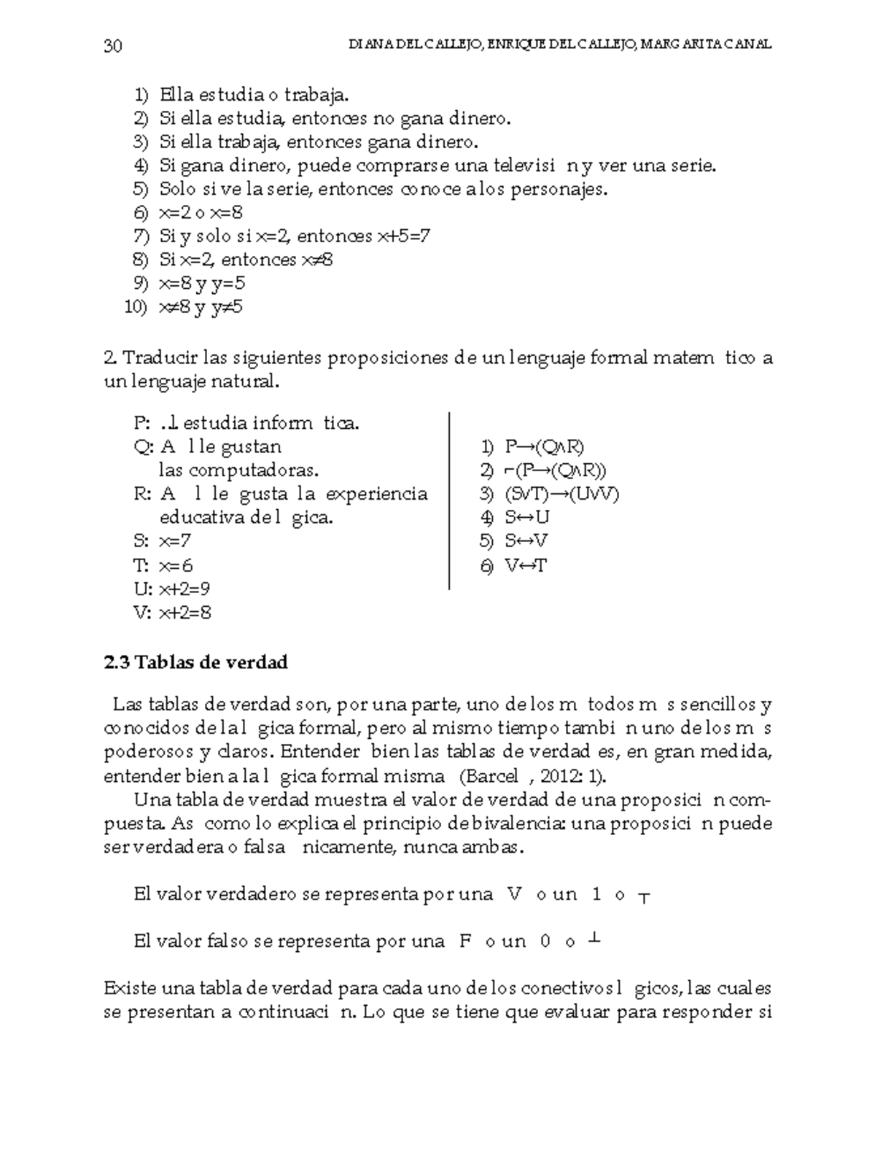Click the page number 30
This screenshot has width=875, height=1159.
coord(113,47)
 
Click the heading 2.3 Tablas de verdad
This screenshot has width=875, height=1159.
coord(196,662)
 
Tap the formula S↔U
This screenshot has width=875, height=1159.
coord(526,517)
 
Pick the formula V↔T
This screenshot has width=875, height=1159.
coord(525,565)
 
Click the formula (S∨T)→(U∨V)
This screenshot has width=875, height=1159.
coord(561,494)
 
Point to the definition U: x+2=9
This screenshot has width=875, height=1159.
coord(173,589)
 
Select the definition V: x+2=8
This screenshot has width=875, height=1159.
coord(173,613)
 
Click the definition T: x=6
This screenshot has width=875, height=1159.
coord(164,565)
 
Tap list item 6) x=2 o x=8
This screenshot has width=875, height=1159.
coord(190,213)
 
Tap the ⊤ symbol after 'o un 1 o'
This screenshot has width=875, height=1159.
coord(644,897)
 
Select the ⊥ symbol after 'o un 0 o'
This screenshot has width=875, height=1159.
coord(594,939)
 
